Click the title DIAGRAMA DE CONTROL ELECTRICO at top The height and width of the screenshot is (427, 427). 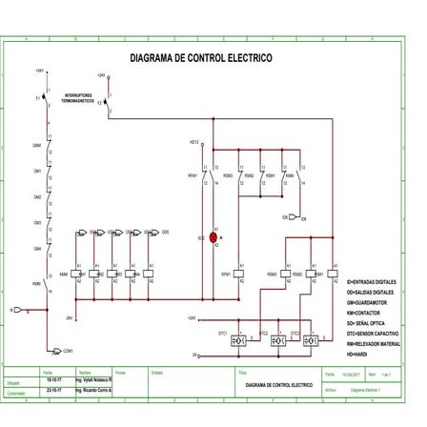coord(201,58)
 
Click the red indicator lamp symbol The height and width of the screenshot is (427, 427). coord(213,237)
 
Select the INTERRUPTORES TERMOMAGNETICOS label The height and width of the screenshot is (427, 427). coord(79,98)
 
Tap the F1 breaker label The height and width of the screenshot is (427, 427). coord(38,98)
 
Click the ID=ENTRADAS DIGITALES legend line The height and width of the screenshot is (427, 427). coord(384,281)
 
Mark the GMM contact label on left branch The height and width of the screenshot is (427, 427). coord(36,145)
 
